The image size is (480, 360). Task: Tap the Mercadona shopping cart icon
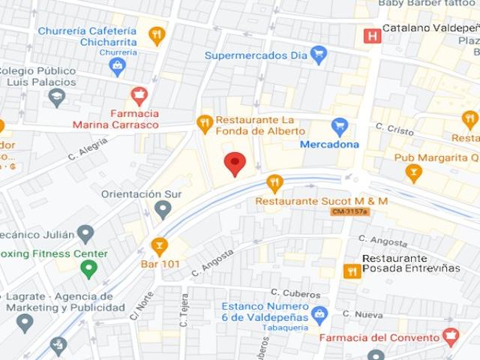(x=340, y=126)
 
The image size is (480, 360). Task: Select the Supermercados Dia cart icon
(x=319, y=55)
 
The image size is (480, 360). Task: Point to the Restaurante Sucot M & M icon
(x=275, y=183)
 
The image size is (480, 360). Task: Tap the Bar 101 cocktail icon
(x=159, y=245)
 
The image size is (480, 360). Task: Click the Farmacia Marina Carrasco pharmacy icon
(x=138, y=94)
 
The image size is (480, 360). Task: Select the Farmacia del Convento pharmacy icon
(x=451, y=337)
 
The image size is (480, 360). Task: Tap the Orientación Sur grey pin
(x=163, y=209)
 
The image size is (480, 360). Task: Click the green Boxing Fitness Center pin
(x=89, y=268)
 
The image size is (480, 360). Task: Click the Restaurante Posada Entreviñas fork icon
(x=351, y=271)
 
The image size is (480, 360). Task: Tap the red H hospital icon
(x=370, y=36)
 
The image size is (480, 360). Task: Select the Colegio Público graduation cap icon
(x=57, y=97)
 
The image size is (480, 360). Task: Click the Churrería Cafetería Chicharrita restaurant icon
(x=156, y=35)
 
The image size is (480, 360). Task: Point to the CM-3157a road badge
(x=349, y=212)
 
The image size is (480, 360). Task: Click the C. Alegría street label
(x=88, y=153)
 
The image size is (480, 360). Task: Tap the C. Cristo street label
(x=394, y=130)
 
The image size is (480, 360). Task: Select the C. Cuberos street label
(x=286, y=292)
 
